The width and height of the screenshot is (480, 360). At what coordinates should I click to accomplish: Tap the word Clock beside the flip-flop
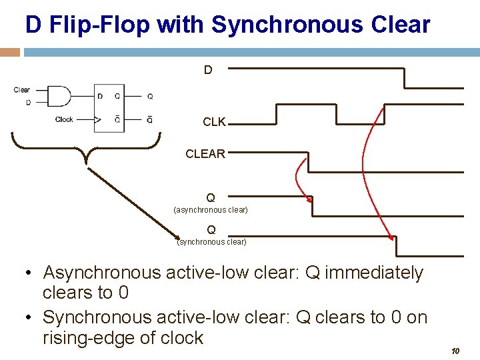click(x=64, y=120)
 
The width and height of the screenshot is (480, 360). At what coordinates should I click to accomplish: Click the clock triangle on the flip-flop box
click(x=98, y=120)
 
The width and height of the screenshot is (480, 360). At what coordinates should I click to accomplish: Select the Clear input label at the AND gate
click(x=22, y=90)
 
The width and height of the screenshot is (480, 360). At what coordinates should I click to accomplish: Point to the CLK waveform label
click(x=214, y=122)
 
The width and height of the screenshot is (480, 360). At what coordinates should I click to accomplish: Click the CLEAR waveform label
click(x=205, y=154)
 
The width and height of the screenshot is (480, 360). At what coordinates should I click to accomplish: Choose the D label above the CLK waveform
click(x=208, y=69)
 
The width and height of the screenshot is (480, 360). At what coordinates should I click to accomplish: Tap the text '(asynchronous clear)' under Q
click(x=211, y=210)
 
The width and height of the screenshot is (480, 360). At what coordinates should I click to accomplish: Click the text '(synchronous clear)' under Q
click(x=211, y=242)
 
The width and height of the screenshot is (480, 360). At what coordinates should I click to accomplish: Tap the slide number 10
click(x=457, y=351)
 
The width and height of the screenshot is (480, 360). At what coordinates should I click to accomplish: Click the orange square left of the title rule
click(x=11, y=52)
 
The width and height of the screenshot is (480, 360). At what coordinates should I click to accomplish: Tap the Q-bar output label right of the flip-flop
click(x=150, y=120)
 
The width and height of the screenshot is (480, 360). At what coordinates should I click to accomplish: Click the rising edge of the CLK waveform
click(x=276, y=114)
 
